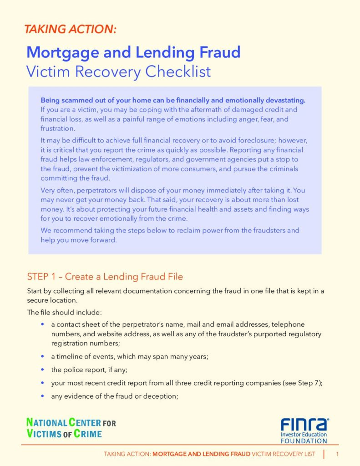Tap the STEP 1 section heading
coord(105,277)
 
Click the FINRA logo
coord(304,425)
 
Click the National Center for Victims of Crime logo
coord(71,428)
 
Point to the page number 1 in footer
coord(337,454)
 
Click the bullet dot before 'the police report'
coord(42,370)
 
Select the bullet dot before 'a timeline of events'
coord(42,356)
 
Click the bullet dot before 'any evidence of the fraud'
coord(42,396)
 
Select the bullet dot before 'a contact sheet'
coord(42,324)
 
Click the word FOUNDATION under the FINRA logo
coord(304,441)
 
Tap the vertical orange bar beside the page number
coord(324,454)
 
